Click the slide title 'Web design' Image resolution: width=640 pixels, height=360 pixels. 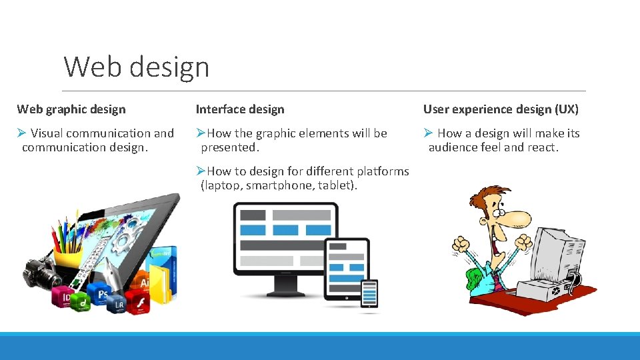137,67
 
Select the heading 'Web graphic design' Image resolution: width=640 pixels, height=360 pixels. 71,109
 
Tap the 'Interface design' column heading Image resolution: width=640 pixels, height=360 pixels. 240,109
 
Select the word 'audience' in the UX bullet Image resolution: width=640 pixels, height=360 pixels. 453,147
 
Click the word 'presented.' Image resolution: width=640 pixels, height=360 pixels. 230,147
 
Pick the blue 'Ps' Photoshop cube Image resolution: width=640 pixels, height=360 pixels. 101,293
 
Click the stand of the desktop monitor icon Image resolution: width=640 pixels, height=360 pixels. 285,287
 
